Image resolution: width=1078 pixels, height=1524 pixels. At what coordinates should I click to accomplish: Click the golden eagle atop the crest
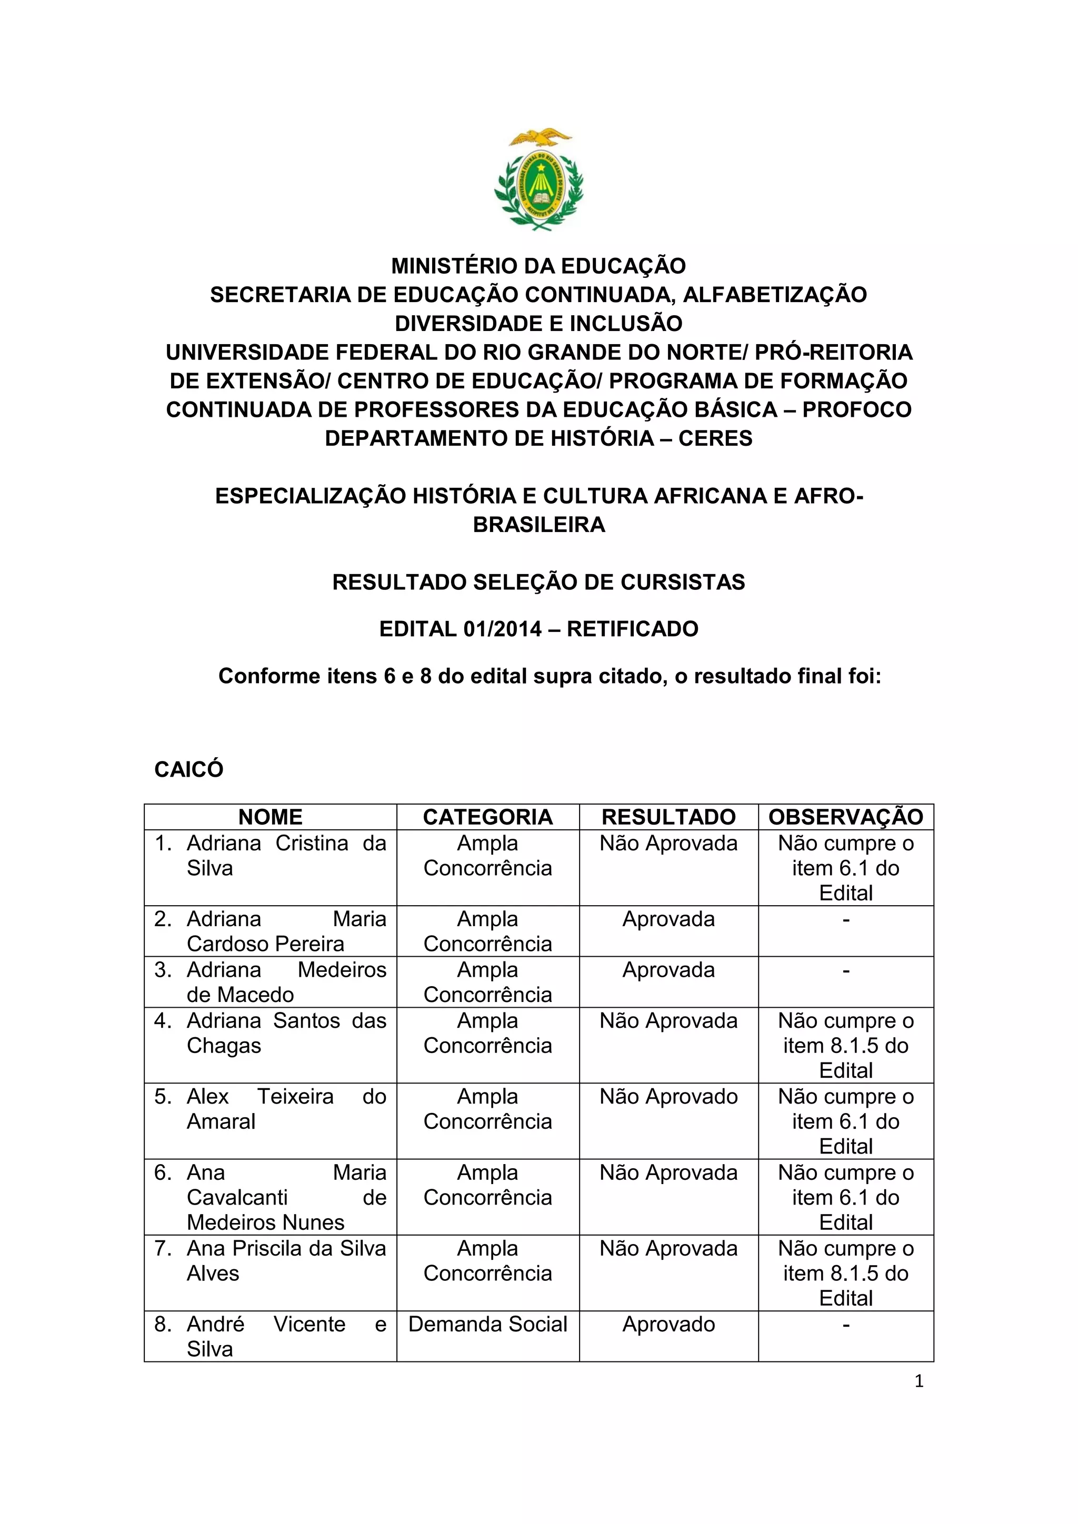[x=539, y=137]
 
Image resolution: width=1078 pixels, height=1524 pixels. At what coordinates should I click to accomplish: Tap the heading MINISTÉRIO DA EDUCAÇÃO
[x=538, y=266]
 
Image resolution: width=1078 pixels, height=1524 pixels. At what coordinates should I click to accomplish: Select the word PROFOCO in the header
[x=856, y=409]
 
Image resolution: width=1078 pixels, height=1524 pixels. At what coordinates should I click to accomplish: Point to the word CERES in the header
[x=715, y=438]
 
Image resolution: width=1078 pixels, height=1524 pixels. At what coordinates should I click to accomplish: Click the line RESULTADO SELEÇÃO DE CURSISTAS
[x=538, y=582]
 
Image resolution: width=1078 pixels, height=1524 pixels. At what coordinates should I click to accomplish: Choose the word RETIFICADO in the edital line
[x=632, y=628]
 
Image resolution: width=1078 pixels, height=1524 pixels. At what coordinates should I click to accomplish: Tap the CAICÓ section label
[x=188, y=769]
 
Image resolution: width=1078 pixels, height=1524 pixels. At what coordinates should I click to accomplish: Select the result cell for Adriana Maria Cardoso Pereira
[x=668, y=919]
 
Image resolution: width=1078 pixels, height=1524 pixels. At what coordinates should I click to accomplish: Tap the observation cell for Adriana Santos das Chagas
[x=846, y=1046]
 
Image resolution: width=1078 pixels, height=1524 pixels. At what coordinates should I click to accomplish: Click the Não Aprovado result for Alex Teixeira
[x=668, y=1097]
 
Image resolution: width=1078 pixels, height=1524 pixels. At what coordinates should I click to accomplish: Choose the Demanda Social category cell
[x=488, y=1324]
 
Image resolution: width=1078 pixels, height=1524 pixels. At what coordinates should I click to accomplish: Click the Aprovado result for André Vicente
[x=668, y=1324]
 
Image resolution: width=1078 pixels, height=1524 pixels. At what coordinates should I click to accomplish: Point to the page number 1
[x=919, y=1381]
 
